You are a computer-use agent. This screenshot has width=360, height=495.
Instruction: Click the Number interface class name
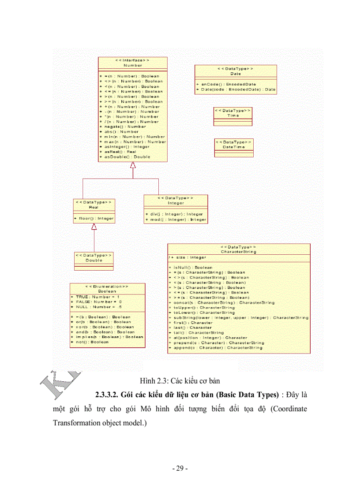pos(133,65)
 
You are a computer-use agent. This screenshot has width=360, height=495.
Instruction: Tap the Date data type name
pos(236,74)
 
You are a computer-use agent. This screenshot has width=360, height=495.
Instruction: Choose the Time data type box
pos(233,116)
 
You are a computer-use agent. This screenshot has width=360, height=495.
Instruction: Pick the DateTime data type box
pos(234,148)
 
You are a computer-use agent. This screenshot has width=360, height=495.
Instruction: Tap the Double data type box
pos(94,261)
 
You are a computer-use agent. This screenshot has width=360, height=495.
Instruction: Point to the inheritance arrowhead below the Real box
pos(94,227)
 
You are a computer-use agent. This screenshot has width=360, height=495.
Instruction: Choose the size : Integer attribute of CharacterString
pos(189,257)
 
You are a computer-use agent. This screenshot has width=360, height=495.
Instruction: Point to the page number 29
pos(180,469)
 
